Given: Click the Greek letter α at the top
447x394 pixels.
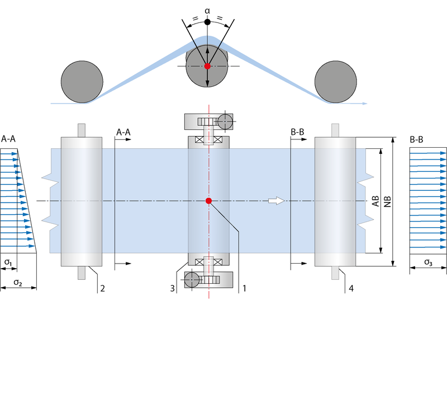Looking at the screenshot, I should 207,9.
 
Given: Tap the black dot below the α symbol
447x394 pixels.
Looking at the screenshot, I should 207,22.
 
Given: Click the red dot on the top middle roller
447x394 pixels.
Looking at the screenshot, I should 207,66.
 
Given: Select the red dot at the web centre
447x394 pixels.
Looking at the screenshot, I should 208,201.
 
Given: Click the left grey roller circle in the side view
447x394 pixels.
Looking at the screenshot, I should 82,82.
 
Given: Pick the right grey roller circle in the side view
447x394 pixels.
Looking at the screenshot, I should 335,82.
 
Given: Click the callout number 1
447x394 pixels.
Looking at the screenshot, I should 243,288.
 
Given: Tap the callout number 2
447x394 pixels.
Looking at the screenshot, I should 102,288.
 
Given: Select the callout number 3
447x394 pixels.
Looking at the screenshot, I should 173,288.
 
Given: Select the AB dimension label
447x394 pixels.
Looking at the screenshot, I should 376,201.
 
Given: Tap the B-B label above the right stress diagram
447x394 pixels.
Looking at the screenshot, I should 417,138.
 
